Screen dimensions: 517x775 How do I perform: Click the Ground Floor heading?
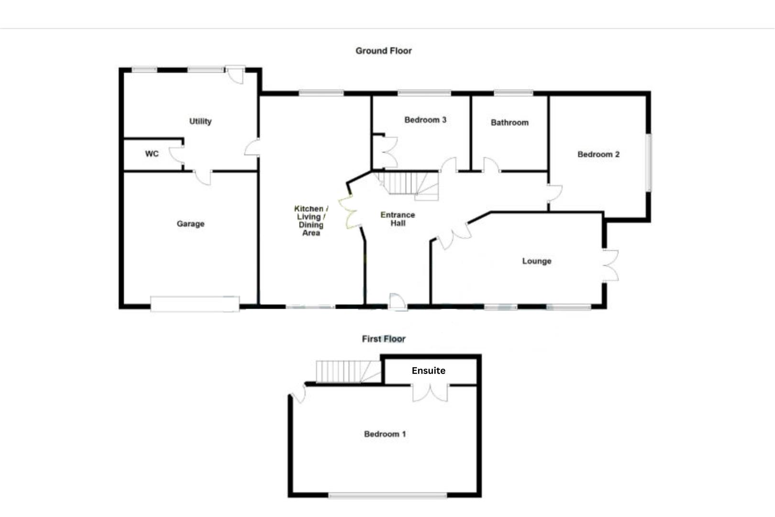pos(383,51)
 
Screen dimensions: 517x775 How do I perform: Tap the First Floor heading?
pos(383,339)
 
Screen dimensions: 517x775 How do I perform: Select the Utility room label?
pos(200,121)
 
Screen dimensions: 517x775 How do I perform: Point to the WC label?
pos(152,154)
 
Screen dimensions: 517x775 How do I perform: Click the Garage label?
pos(190,224)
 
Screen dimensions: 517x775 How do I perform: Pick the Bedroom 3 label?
pos(425,120)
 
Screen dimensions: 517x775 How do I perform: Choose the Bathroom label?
pos(509,123)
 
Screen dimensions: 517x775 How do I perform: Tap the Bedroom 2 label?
pos(598,154)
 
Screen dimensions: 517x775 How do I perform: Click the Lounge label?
pos(536,261)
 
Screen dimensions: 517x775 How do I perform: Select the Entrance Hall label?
pos(398,219)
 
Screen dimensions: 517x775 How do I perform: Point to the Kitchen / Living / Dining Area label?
pos(311,221)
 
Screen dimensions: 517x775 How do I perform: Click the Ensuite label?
pos(428,371)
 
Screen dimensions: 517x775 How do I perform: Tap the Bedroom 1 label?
pos(385,434)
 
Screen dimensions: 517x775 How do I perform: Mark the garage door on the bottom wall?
pos(195,304)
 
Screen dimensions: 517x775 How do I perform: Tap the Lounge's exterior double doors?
pos(611,265)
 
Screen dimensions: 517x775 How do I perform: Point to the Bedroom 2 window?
pos(649,163)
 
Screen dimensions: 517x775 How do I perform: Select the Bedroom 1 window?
pos(387,495)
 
